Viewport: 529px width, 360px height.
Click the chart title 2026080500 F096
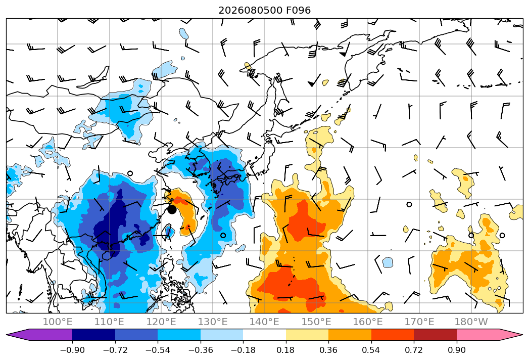[x=265, y=11]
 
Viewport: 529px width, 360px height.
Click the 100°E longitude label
[x=58, y=322]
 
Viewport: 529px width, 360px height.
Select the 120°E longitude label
[x=161, y=322]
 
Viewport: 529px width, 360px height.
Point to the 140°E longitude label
[x=264, y=322]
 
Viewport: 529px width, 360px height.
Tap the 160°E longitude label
[x=368, y=322]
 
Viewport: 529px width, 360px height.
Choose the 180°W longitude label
[x=471, y=322]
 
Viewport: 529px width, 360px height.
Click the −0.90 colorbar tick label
[x=72, y=350]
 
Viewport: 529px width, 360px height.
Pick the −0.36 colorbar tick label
[x=201, y=350]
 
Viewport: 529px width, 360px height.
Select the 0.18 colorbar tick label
[x=285, y=350]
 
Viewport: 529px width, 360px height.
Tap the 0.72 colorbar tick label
[x=414, y=350]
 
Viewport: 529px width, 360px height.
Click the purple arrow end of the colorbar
[x=39, y=335]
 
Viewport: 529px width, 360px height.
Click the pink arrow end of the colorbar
[x=490, y=335]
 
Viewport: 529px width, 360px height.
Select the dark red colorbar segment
[x=435, y=335]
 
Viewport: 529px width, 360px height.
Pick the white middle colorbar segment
[x=265, y=335]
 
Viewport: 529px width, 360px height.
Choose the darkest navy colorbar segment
[x=94, y=335]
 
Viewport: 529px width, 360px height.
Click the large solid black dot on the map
[x=172, y=210]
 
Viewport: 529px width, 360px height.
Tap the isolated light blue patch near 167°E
[x=388, y=262]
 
